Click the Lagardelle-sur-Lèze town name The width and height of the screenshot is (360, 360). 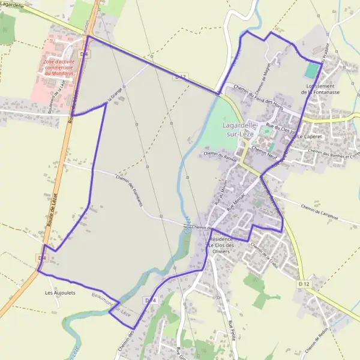pyautogui.click(x=240, y=130)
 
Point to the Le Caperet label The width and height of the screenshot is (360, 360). pyautogui.click(x=310, y=137)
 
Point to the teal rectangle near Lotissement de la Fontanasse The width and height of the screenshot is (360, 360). pyautogui.click(x=311, y=70)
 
